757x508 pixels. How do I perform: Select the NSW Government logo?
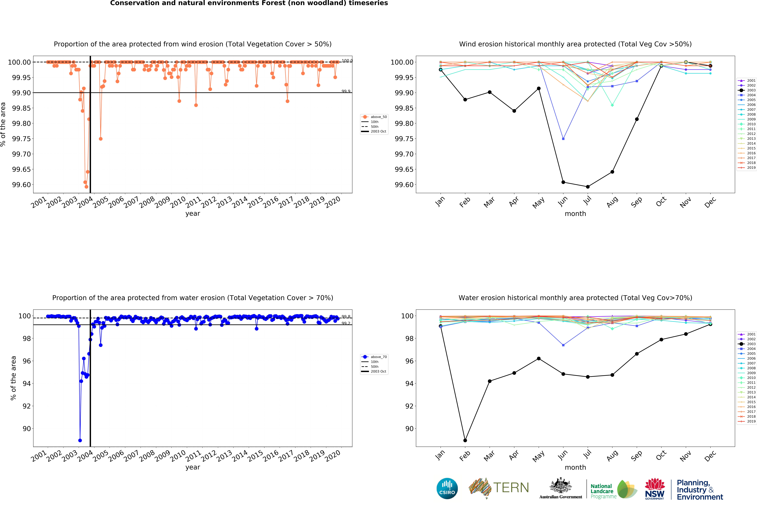(655, 489)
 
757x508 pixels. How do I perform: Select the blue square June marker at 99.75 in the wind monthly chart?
(563, 139)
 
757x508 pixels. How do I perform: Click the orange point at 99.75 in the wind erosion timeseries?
(101, 139)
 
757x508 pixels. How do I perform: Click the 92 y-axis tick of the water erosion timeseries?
(27, 406)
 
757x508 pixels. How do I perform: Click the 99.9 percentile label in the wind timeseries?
(346, 91)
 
